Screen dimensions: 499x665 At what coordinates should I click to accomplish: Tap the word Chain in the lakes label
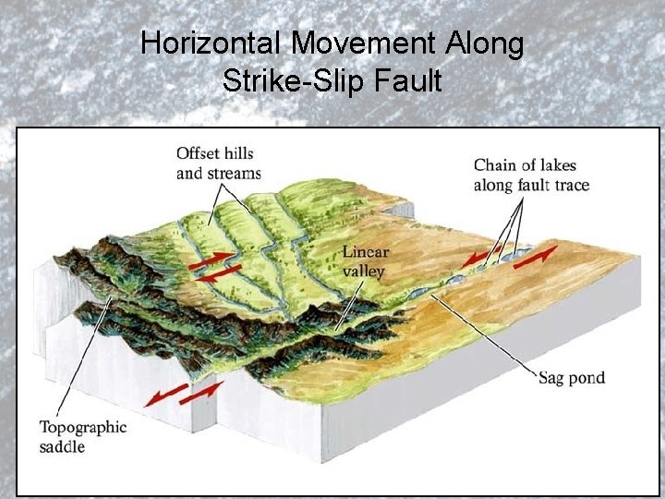[496, 166]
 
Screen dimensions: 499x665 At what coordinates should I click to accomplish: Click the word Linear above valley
[365, 252]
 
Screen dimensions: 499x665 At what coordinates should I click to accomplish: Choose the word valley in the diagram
[363, 271]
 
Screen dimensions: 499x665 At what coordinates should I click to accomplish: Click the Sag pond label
[572, 378]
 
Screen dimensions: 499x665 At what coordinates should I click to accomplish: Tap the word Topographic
[82, 428]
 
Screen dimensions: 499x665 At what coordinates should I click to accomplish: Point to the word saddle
[62, 446]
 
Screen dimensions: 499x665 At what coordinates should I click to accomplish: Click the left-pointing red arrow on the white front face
[167, 395]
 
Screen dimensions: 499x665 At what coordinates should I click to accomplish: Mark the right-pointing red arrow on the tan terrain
[536, 256]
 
